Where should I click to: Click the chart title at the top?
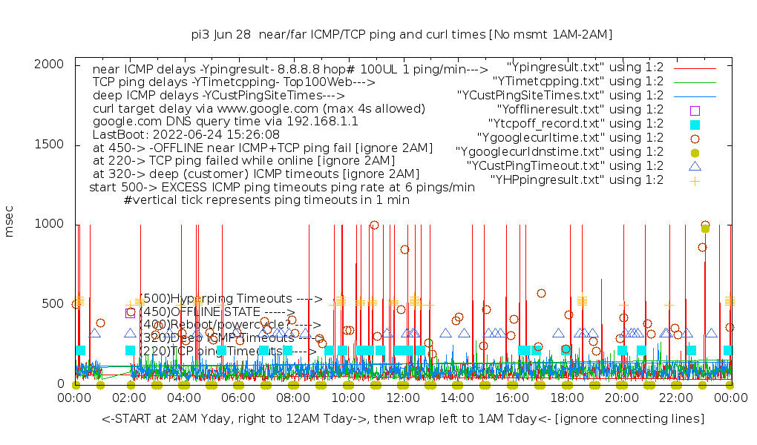coord(402,35)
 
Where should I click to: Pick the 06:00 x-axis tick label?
coord(238,398)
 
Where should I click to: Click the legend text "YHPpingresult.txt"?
coord(577,179)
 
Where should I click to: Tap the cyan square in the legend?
coord(695,124)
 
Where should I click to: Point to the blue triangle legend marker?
coord(695,165)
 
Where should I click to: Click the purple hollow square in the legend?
coord(695,110)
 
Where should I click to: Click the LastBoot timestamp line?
coord(186,135)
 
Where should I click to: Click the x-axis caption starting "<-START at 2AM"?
coord(403,419)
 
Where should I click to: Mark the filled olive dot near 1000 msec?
coord(705,228)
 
